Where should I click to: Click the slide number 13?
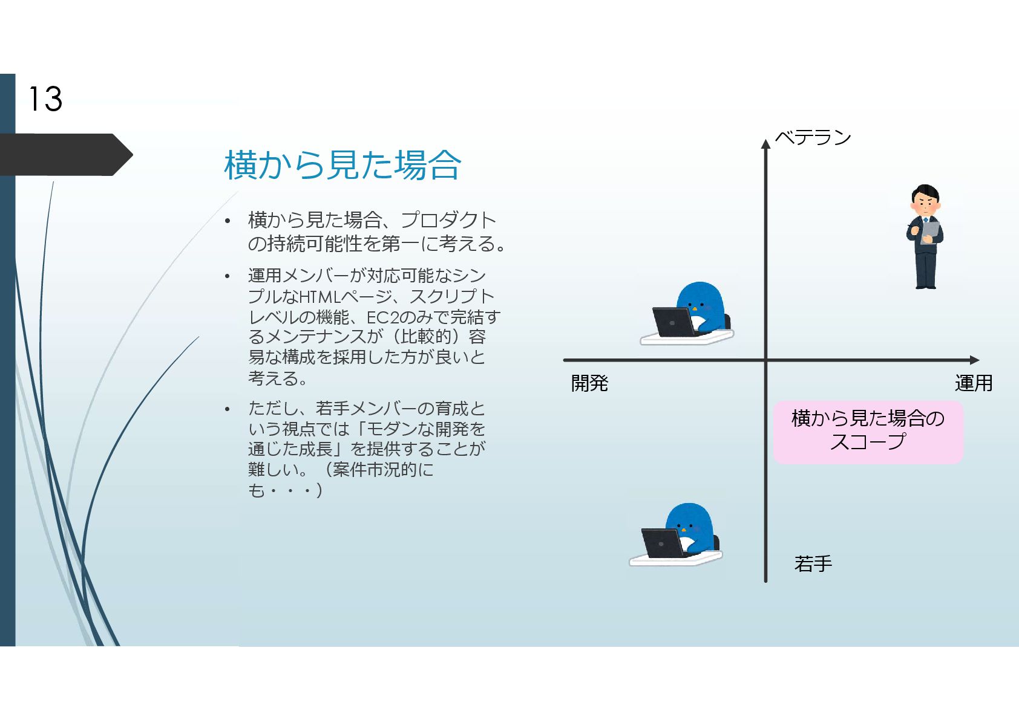45,99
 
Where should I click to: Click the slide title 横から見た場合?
342,165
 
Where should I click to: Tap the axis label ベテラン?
813,138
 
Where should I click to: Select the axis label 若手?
813,564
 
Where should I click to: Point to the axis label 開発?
589,383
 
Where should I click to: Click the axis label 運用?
973,383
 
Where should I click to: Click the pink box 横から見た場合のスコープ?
868,432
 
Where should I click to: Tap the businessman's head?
925,199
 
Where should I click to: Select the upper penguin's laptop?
673,322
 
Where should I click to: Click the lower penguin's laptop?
662,543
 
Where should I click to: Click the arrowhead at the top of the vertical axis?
765,144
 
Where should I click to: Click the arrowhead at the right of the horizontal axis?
974,360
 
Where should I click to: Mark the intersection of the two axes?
765,360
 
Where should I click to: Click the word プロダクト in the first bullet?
448,220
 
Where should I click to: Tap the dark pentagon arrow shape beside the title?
67,155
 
